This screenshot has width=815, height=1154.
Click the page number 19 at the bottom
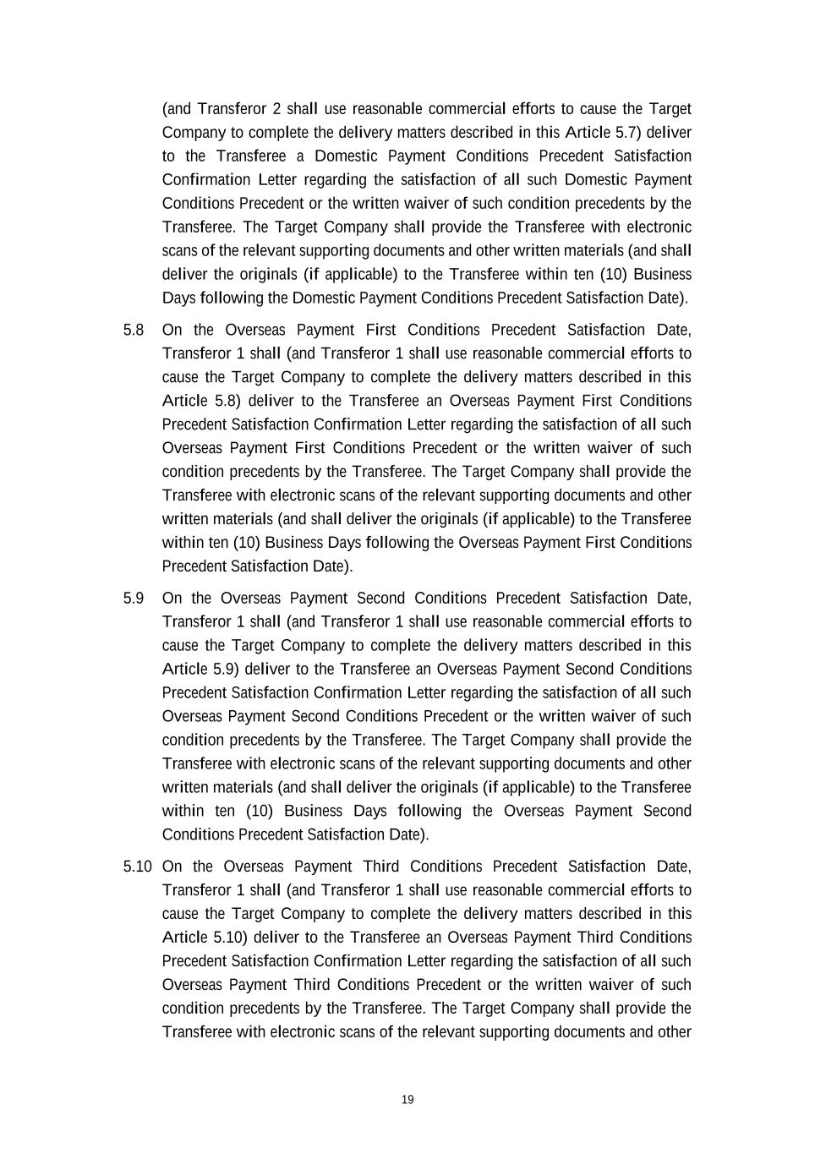pyautogui.click(x=407, y=1100)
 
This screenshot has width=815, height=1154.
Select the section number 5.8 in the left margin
pyautogui.click(x=134, y=330)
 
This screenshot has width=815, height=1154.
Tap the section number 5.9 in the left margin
pyautogui.click(x=134, y=599)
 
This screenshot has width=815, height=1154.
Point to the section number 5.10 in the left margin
pyautogui.click(x=137, y=867)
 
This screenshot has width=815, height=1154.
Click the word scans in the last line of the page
pyautogui.click(x=351, y=1032)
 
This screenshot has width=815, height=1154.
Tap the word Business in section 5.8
pyautogui.click(x=295, y=543)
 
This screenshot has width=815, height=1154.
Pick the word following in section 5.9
pyautogui.click(x=429, y=811)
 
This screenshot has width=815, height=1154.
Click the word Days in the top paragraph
pyautogui.click(x=178, y=298)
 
